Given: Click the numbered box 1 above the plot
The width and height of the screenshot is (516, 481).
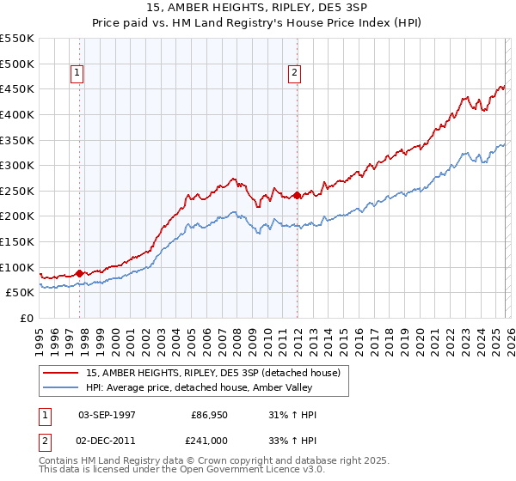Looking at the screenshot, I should click(x=78, y=74).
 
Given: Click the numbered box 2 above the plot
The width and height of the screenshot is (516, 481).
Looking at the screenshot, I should click(x=294, y=74).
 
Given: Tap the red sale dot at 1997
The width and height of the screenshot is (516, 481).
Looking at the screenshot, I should click(x=80, y=274).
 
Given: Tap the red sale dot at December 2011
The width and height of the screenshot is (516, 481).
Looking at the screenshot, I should click(x=297, y=195).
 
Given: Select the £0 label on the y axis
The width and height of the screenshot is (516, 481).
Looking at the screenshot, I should click(x=28, y=319).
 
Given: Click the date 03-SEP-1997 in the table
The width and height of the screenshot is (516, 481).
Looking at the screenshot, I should click(x=109, y=415).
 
